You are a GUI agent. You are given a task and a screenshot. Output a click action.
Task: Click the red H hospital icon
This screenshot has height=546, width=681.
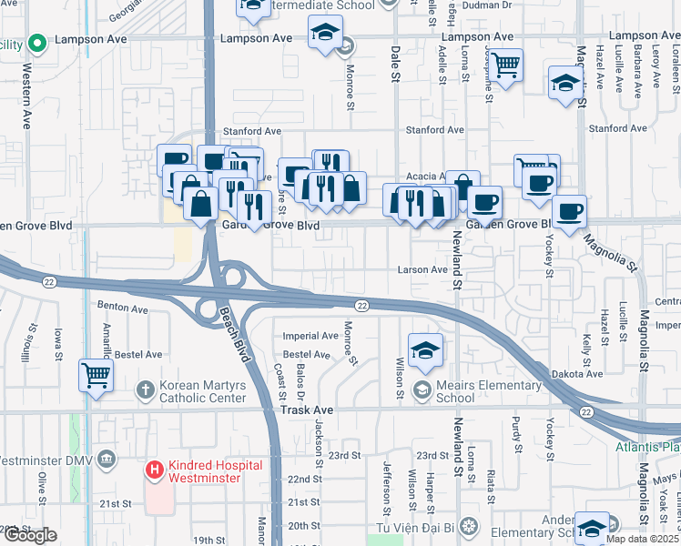coord(155,470)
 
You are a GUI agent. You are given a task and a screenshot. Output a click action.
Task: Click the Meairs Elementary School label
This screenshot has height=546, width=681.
coord(488,391)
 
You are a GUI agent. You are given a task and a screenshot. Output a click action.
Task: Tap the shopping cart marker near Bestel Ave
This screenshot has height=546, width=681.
coord(96,374)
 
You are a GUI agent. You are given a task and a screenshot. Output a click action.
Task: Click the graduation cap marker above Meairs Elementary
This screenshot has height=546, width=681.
coord(425,350)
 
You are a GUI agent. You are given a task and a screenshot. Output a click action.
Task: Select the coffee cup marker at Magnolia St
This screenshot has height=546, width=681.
coord(570,213)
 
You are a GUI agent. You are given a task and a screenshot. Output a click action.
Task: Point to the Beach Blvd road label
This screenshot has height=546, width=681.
coord(234,333)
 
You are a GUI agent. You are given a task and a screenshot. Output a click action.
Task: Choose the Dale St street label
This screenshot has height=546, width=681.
coord(396,65)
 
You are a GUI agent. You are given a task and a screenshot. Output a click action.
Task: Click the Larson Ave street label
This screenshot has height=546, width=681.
coord(422,269)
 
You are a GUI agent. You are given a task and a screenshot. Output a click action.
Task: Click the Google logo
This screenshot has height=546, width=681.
coord(29,535)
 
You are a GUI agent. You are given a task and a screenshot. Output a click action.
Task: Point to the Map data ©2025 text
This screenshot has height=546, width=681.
coord(641,539)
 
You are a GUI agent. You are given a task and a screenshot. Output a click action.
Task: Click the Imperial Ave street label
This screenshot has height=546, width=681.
coord(310,335)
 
